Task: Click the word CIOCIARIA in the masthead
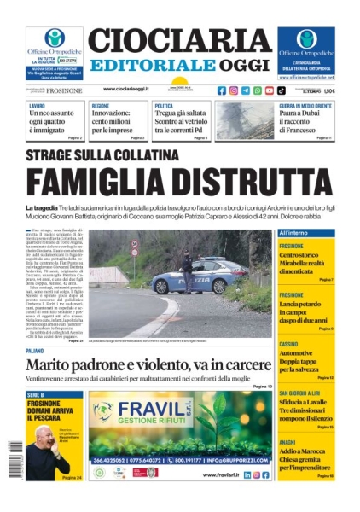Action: pyautogui.click(x=179, y=42)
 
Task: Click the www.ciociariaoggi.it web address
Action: pyautogui.click(x=125, y=89)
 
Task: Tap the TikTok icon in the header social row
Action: pyautogui.click(x=282, y=90)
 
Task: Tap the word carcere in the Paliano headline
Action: pyautogui.click(x=241, y=367)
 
